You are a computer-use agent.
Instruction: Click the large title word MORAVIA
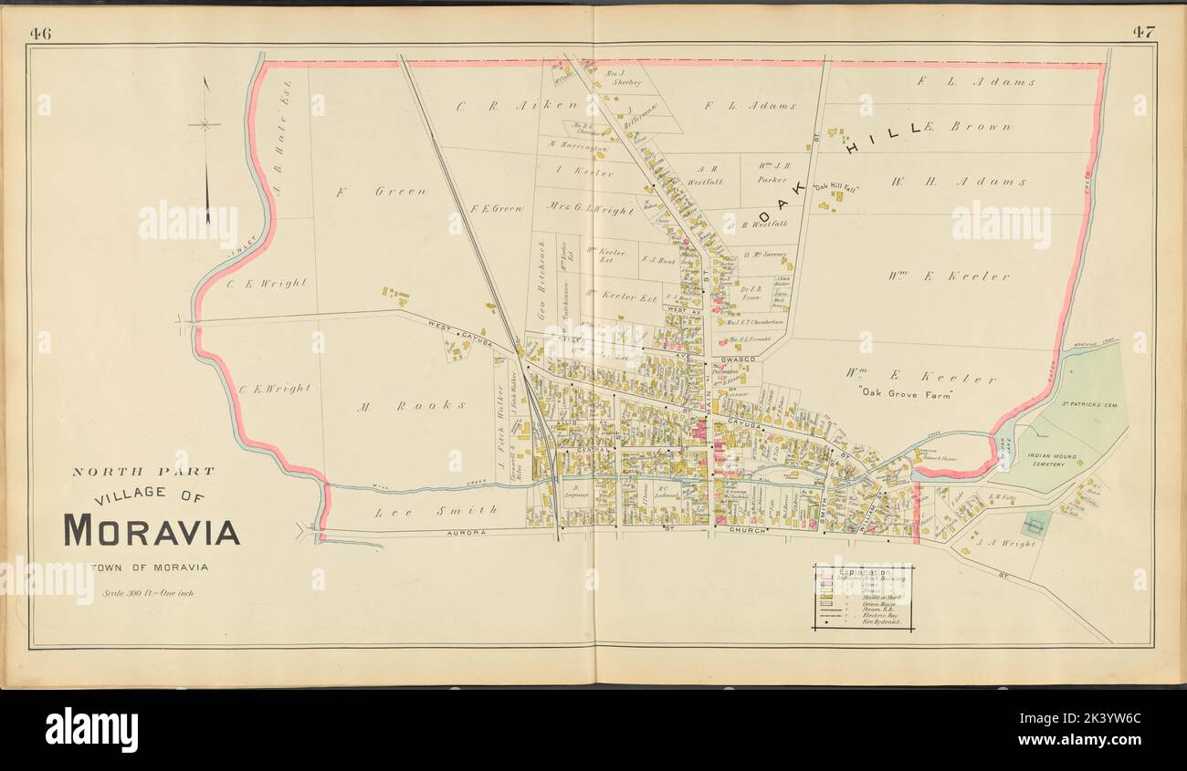point(151,530)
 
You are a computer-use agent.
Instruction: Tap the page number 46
point(40,34)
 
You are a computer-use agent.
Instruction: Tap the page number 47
point(1143,33)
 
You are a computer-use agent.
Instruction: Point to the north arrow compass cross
point(206,124)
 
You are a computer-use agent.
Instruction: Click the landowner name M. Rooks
point(413,405)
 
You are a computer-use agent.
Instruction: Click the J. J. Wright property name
point(1007,544)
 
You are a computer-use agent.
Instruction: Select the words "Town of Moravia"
point(150,568)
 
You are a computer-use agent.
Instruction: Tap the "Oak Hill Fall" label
point(835,187)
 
